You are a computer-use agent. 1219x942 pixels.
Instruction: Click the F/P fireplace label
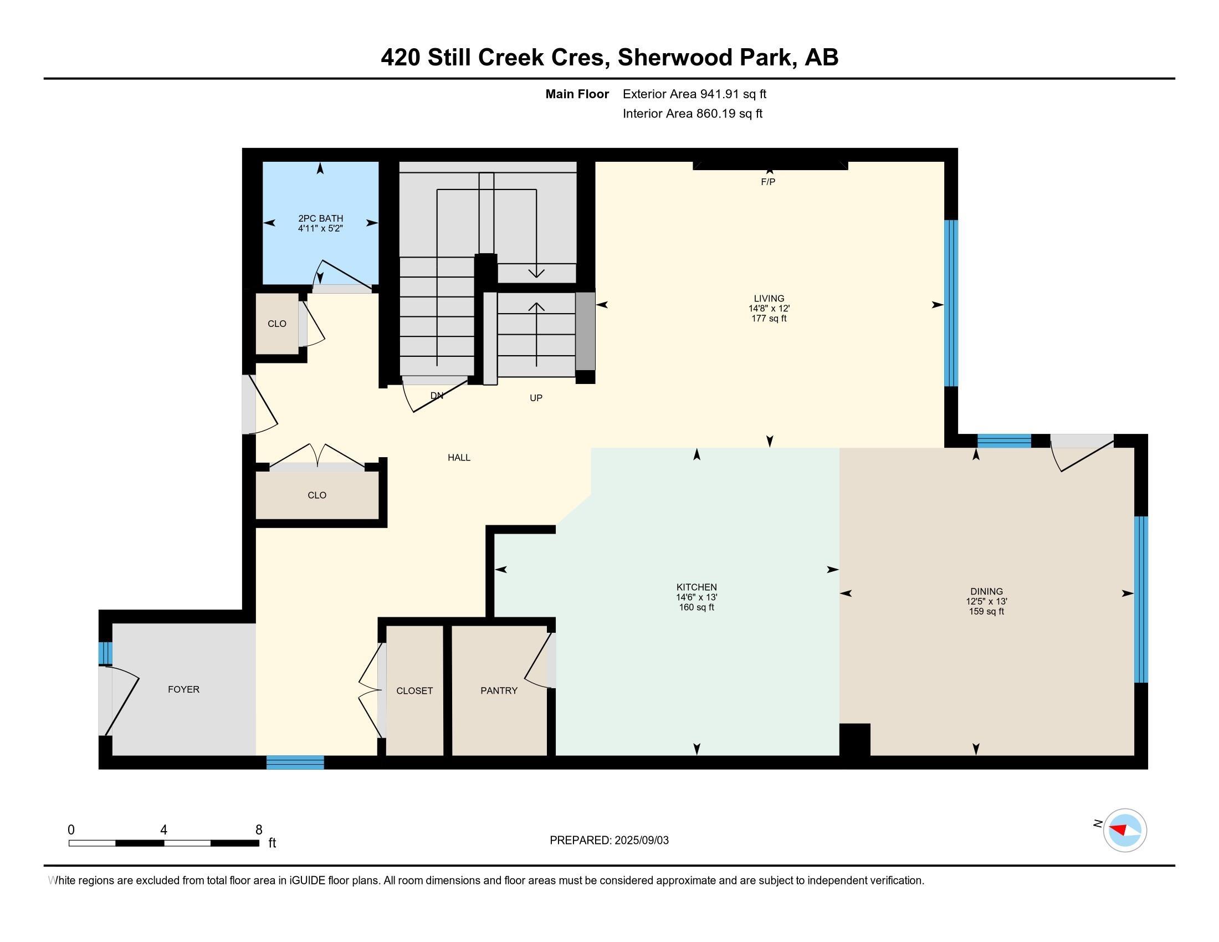point(768,182)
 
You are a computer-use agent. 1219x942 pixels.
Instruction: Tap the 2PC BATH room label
point(320,218)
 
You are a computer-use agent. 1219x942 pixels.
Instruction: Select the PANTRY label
point(499,690)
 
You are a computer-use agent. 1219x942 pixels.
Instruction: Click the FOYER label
point(183,689)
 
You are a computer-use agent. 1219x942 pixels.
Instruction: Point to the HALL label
point(459,458)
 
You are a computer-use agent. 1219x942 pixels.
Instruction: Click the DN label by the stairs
point(437,396)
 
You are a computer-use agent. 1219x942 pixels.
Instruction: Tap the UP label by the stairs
point(536,398)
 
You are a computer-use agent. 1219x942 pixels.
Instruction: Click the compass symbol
point(1125,830)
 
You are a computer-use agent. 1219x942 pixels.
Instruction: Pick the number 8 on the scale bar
point(258,830)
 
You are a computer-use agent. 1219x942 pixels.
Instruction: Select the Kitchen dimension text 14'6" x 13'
point(696,597)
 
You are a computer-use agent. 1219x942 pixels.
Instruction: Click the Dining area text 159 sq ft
point(987,611)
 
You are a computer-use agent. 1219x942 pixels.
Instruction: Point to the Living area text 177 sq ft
point(769,318)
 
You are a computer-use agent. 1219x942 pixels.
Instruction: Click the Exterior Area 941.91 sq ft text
point(694,94)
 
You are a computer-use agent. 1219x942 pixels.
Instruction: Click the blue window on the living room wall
point(951,303)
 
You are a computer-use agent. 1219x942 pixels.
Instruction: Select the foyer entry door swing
point(122,700)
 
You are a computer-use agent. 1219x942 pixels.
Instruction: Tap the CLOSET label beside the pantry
point(414,690)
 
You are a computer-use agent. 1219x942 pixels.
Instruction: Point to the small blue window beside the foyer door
point(105,653)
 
